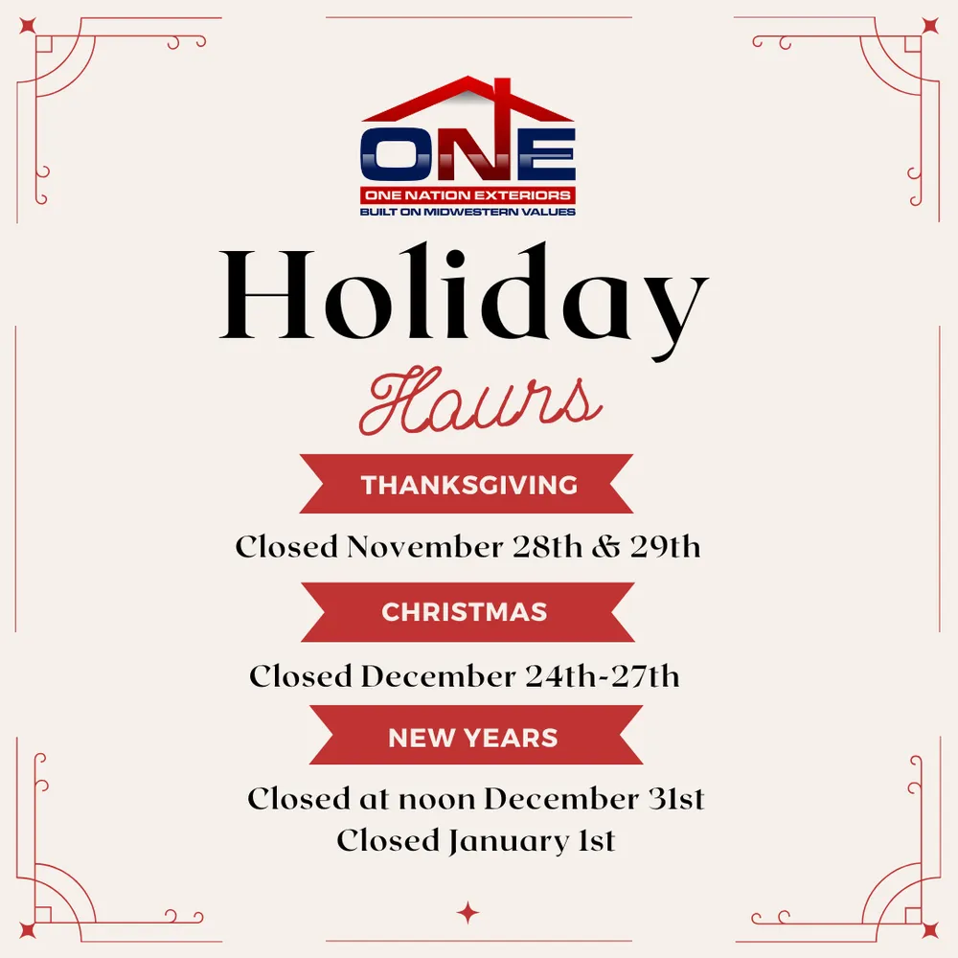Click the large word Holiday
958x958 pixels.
465,297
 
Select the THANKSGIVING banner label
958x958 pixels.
468,485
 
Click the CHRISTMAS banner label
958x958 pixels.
465,612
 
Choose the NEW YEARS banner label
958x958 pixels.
473,738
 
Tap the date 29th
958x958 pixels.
665,548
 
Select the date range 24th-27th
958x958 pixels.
603,675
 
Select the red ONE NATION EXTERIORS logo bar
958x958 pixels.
468,195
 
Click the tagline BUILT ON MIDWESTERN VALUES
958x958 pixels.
468,211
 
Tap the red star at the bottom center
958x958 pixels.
468,912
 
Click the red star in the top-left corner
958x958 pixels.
27,27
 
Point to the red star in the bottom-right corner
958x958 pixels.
929,929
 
